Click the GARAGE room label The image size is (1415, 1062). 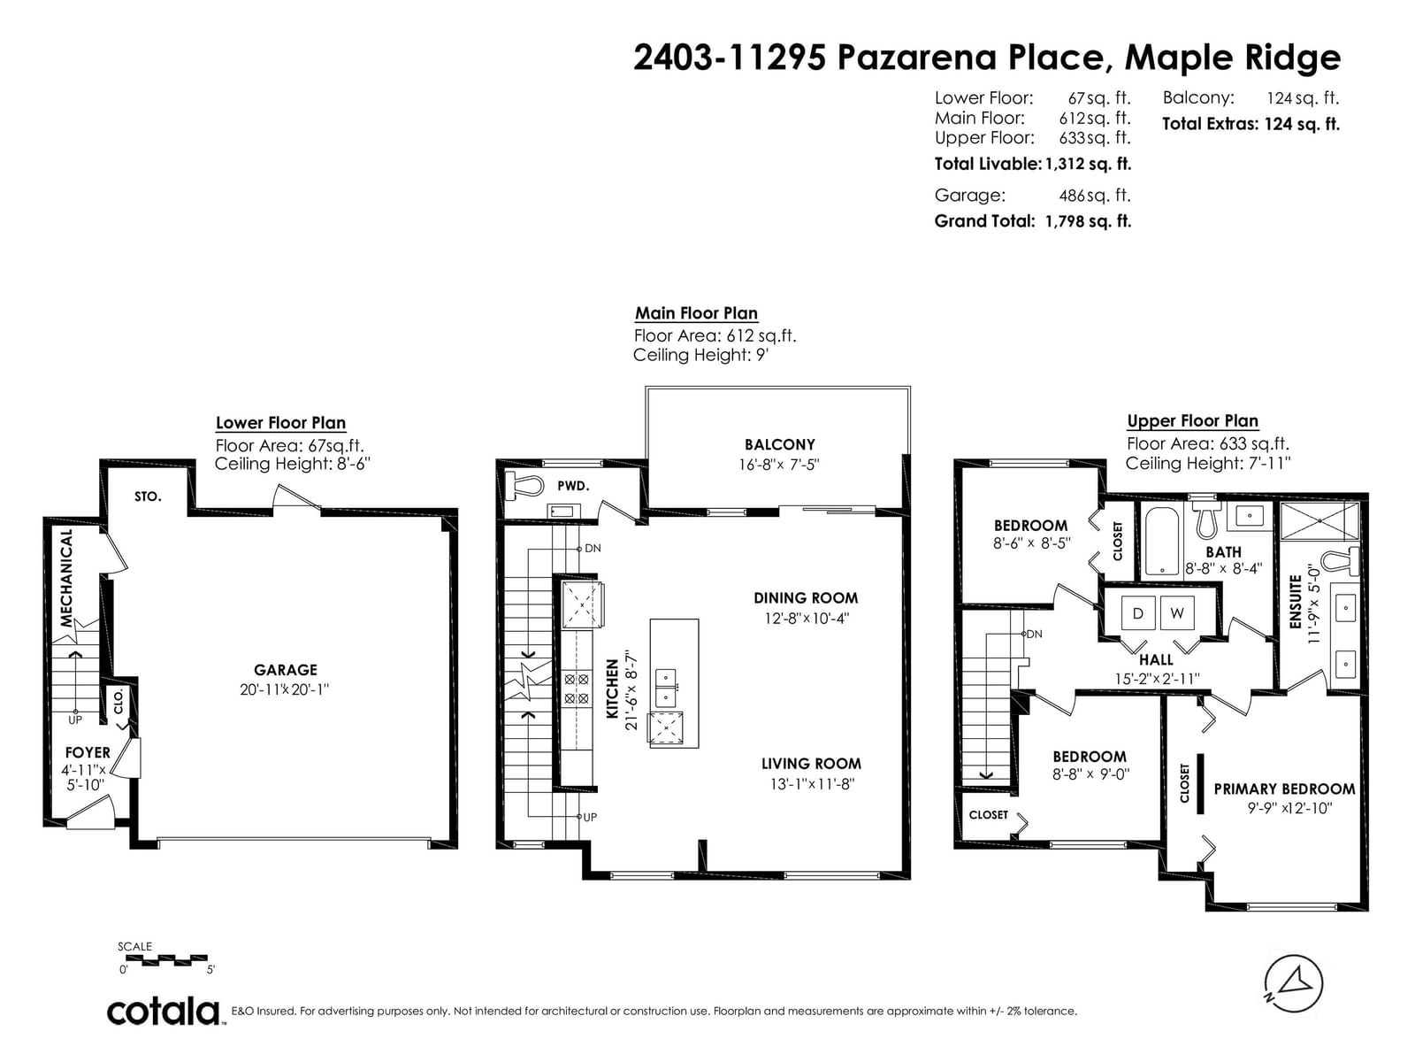click(x=285, y=669)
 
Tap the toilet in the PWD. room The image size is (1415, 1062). click(x=523, y=485)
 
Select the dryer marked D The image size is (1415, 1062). click(x=1137, y=613)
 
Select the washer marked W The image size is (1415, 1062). click(x=1177, y=613)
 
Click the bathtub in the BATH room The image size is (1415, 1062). click(x=1161, y=542)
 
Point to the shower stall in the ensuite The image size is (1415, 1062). click(x=1319, y=521)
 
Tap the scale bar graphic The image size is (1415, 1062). click(x=175, y=960)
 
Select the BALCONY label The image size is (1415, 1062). click(x=779, y=444)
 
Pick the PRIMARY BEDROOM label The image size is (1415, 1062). click(x=1284, y=789)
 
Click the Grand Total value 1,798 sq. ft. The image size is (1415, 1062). click(x=1088, y=221)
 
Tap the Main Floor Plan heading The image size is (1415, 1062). click(x=696, y=313)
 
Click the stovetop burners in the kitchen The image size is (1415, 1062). click(x=577, y=689)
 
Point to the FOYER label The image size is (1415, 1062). click(x=88, y=752)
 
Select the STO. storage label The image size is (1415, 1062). click(x=148, y=496)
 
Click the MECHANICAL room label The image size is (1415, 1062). click(x=65, y=578)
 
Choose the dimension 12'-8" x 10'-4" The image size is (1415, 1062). click(x=807, y=619)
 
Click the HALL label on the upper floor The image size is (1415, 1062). click(x=1156, y=659)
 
